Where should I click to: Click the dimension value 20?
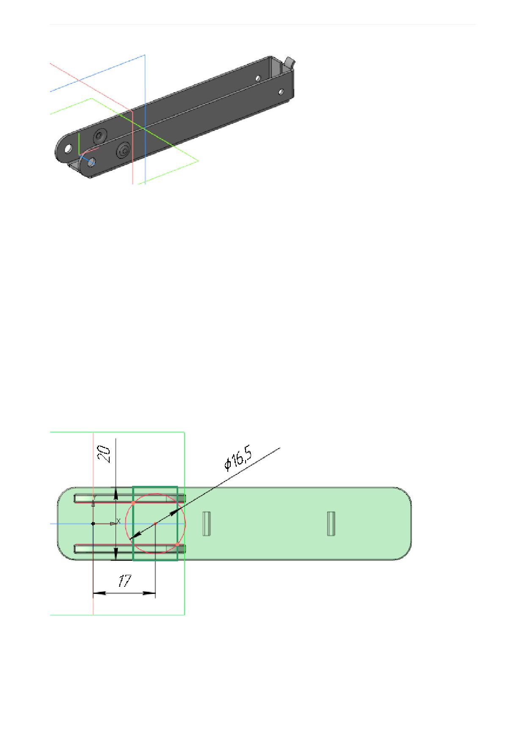pyautogui.click(x=104, y=454)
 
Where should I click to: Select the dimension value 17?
pyautogui.click(x=124, y=581)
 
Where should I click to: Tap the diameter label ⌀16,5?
pyautogui.click(x=238, y=460)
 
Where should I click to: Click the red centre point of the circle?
pyautogui.click(x=155, y=524)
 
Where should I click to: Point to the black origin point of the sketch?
pyautogui.click(x=93, y=524)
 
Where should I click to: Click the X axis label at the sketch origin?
pyautogui.click(x=119, y=521)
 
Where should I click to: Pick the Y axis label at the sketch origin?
pyautogui.click(x=94, y=497)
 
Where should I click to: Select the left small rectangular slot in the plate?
pyautogui.click(x=206, y=524)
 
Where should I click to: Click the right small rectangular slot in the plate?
pyautogui.click(x=331, y=524)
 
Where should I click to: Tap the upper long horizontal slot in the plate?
pyautogui.click(x=130, y=499)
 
